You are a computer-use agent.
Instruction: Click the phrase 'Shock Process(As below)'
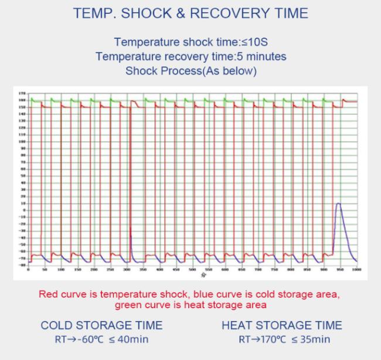tap(190, 71)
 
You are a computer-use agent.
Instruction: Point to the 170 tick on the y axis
tap(22, 93)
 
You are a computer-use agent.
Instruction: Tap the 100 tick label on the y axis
tap(22, 142)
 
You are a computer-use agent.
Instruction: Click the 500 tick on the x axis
tap(192, 270)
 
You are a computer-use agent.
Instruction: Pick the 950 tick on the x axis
tap(340, 270)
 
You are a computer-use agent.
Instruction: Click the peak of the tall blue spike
tap(339, 203)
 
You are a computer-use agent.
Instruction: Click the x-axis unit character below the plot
tap(202, 274)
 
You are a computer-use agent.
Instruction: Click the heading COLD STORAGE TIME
tap(101, 325)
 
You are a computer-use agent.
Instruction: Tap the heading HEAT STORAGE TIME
tap(282, 325)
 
